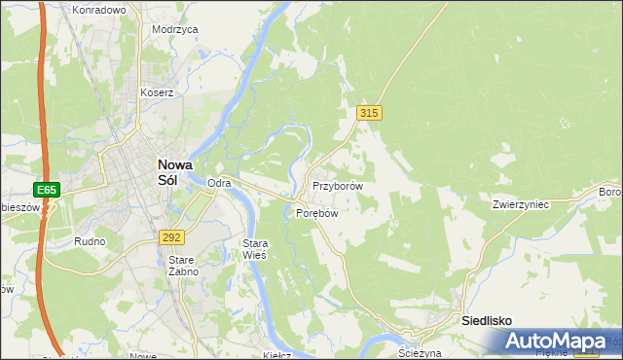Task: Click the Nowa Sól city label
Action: pos(180,172)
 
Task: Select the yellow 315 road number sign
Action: pos(368,114)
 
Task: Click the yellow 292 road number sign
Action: pos(172,237)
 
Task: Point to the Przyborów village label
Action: pos(337,186)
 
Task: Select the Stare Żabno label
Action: pos(183,266)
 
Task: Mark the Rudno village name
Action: pos(90,240)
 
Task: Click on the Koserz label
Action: pos(156,93)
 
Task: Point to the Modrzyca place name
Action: pos(175,29)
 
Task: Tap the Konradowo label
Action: pos(99,10)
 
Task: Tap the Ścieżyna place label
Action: pos(421,353)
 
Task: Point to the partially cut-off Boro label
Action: pos(610,192)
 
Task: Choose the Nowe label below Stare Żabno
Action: pos(143,356)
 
